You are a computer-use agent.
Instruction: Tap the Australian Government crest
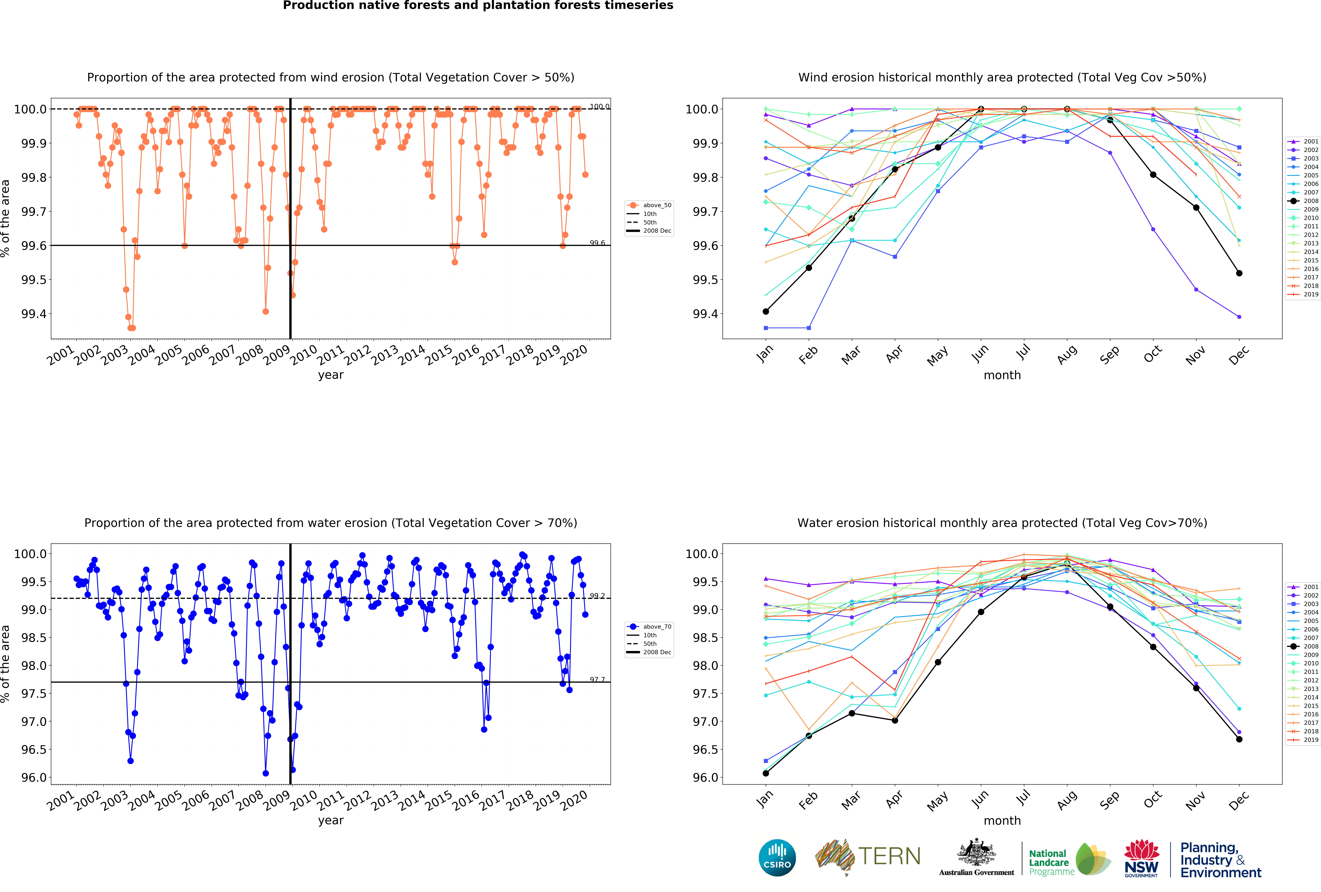click(976, 852)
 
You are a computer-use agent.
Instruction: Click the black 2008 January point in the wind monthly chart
click(766, 311)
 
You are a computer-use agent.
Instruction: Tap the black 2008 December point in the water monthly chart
click(1239, 739)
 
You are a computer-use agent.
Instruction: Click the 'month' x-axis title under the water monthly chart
click(1002, 820)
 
